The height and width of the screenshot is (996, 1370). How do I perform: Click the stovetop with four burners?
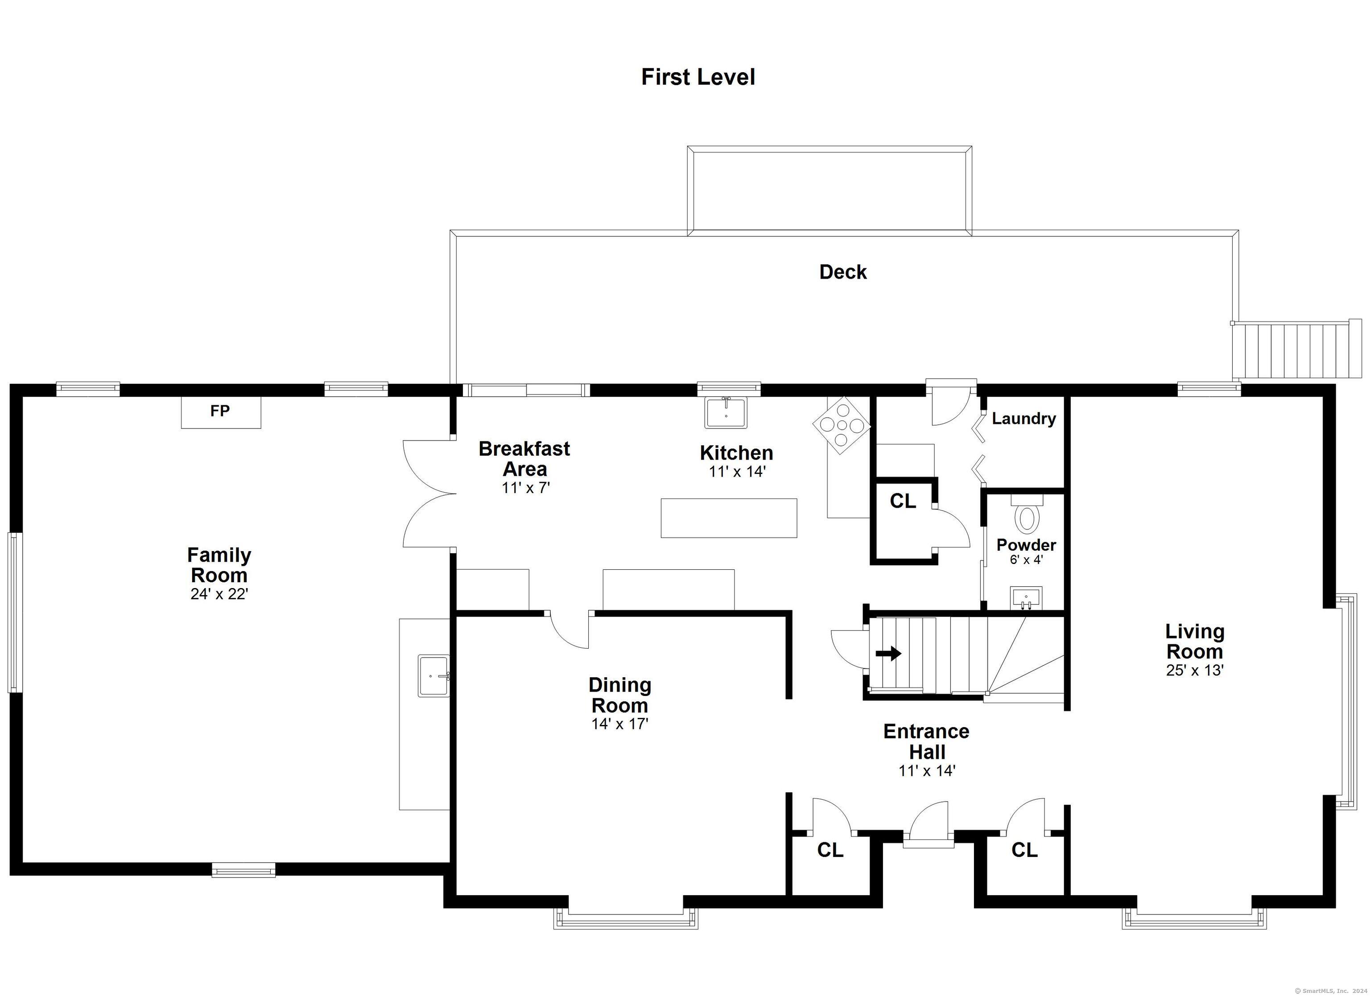tap(842, 424)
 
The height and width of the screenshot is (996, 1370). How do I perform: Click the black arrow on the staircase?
tap(888, 654)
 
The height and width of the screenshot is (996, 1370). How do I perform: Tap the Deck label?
tap(843, 272)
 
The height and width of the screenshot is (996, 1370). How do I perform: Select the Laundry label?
tap(1024, 419)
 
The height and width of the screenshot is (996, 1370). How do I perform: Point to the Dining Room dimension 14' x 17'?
tap(620, 724)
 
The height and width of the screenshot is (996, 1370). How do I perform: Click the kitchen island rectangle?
tap(729, 518)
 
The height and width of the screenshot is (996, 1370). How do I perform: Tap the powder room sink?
tap(1026, 598)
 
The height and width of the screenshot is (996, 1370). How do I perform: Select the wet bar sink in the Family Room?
tap(434, 675)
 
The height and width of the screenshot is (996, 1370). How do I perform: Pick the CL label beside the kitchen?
tap(903, 500)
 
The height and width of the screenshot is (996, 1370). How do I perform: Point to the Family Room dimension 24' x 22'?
tap(219, 594)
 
